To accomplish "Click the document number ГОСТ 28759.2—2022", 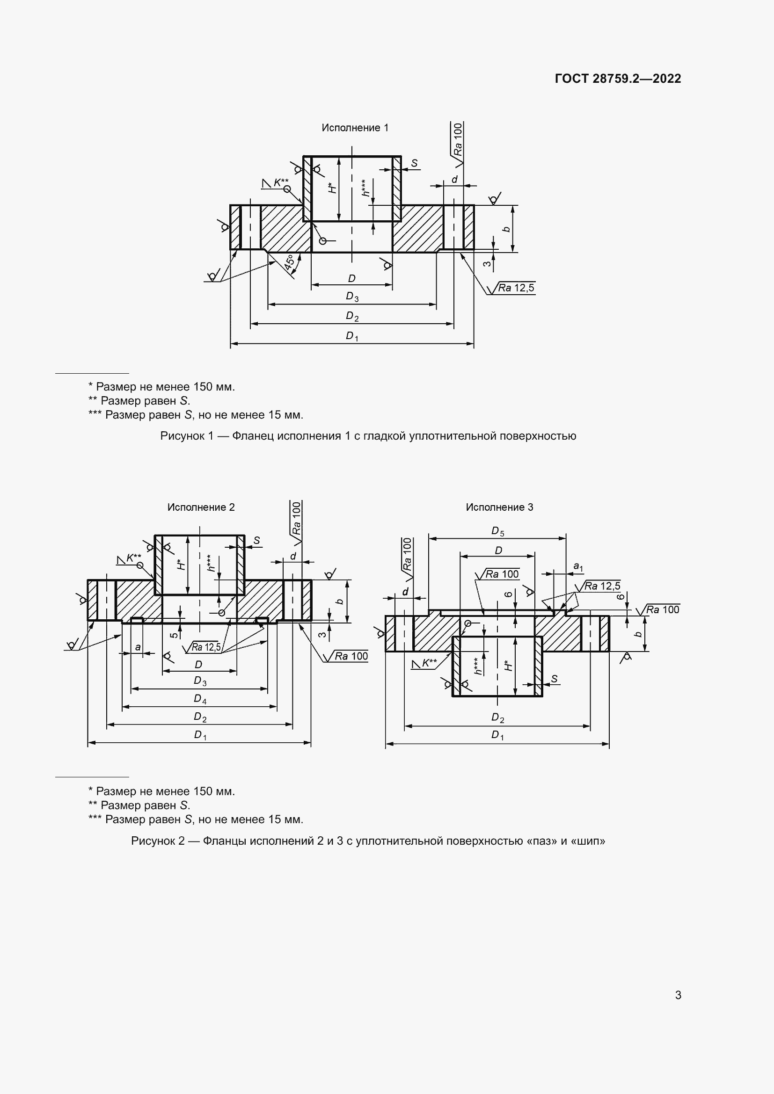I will (618, 79).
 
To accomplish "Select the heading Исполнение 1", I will (355, 128).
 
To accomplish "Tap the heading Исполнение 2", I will (201, 507).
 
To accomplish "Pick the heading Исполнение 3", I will (499, 507).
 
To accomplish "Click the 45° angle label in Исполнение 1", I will (289, 263).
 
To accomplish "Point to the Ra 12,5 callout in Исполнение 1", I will (516, 288).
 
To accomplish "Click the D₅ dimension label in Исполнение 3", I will (497, 531).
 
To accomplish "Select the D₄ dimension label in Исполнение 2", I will (200, 699).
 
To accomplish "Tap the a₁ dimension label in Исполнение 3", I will (578, 566).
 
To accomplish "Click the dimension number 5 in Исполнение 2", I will (175, 635).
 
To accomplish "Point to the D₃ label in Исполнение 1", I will (352, 297).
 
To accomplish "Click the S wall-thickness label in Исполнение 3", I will (554, 679).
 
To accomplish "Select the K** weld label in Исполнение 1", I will (280, 182).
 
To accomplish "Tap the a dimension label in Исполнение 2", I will (138, 647).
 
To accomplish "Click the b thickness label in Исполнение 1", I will (507, 229).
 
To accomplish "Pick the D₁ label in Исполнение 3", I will (497, 735).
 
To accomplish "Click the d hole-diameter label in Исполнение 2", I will (293, 556).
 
